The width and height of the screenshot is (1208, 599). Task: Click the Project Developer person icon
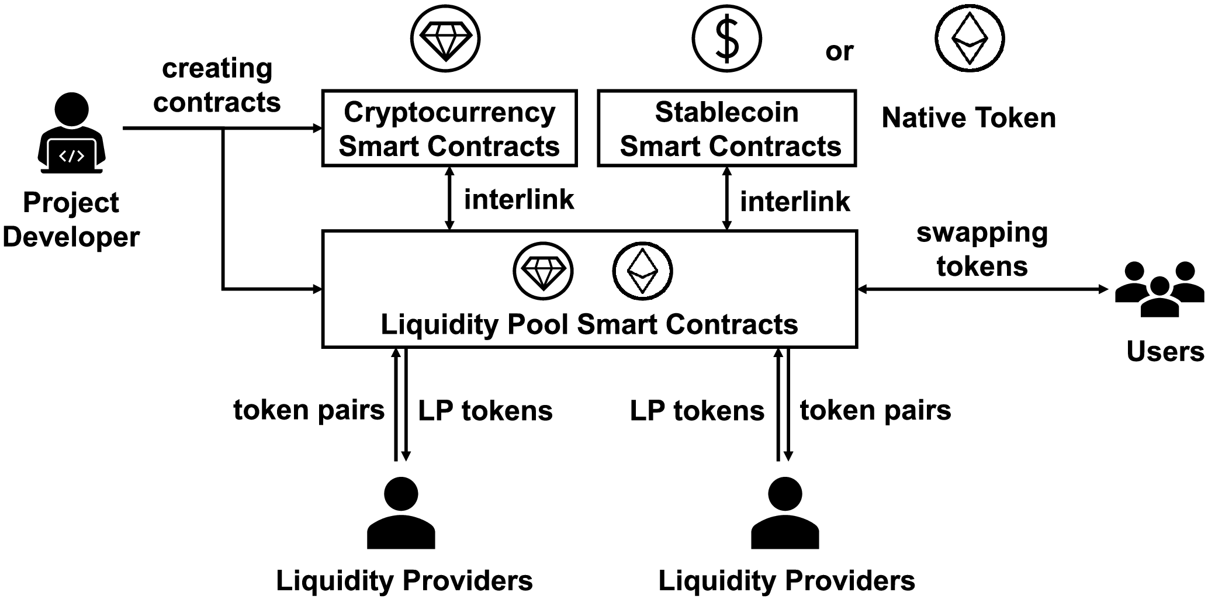71,134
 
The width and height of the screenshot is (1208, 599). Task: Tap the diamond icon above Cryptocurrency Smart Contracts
445,39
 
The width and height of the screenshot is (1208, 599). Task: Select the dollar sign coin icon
727,39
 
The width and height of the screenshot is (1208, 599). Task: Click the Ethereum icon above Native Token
970,39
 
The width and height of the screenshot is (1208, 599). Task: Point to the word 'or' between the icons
839,51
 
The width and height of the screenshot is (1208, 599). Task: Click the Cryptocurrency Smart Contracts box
449,129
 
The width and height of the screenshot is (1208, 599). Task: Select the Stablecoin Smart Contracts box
726,129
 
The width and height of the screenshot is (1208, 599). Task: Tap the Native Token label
968,118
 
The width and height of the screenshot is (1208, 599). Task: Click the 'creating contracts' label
217,85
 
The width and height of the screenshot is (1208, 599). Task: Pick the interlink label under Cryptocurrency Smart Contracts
519,199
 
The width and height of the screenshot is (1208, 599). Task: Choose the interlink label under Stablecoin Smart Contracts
795,202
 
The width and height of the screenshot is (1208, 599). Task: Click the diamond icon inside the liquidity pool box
543,271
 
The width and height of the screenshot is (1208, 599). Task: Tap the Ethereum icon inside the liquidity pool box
642,271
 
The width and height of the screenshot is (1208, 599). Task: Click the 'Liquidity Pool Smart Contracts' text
589,324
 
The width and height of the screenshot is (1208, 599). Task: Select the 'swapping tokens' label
982,250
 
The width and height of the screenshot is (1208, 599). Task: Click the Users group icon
1159,289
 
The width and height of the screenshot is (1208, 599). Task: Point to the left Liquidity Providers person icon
401,513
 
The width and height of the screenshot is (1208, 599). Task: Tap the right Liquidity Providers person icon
785,513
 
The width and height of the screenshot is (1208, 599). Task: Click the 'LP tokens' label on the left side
485,411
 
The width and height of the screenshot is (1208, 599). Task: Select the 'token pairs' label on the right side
875,410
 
